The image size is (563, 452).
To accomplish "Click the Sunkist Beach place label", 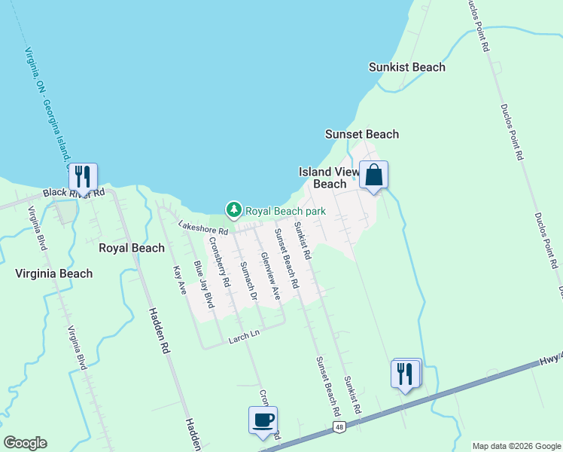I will pos(406,67).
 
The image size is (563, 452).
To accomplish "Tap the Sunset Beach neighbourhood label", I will pos(361,134).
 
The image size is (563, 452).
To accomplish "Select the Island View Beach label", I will pos(329,178).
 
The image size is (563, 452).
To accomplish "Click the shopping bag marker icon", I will pos(373,176).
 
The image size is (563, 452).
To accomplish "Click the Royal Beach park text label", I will pos(285,211).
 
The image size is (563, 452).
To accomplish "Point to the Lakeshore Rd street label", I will pos(202,228).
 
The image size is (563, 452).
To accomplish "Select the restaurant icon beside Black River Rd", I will pos(83,177).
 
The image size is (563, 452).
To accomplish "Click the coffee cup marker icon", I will pos(263,420).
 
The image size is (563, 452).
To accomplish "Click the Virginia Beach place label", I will pos(54,273).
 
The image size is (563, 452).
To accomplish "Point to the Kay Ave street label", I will pos(178,279).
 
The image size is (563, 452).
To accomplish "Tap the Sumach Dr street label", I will pos(248,279).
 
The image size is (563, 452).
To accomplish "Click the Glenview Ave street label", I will pos(270,275).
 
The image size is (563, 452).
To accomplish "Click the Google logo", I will pos(25,442).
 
